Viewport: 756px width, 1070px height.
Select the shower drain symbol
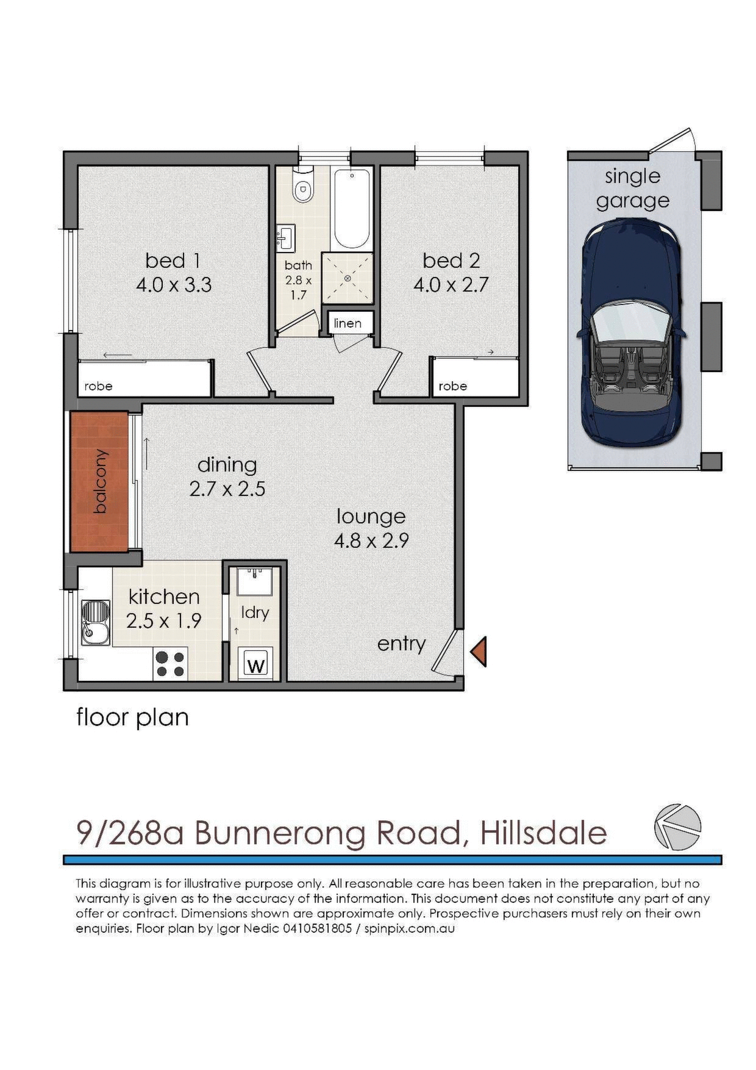[x=348, y=278]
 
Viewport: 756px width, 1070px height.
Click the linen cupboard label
[x=348, y=323]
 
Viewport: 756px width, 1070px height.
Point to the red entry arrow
[x=479, y=651]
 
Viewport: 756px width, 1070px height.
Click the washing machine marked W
[x=256, y=664]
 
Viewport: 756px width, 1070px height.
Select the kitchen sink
[x=96, y=622]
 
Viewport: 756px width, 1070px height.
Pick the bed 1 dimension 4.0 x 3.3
[x=173, y=285]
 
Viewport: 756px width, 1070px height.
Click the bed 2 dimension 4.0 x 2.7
[x=451, y=285]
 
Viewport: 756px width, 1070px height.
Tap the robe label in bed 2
[x=452, y=386]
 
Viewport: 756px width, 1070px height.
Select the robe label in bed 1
[x=98, y=386]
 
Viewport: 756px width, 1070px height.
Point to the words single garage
[x=632, y=188]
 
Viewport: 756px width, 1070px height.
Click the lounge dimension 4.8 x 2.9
[x=371, y=540]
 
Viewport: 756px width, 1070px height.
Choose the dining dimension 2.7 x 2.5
[x=227, y=489]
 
